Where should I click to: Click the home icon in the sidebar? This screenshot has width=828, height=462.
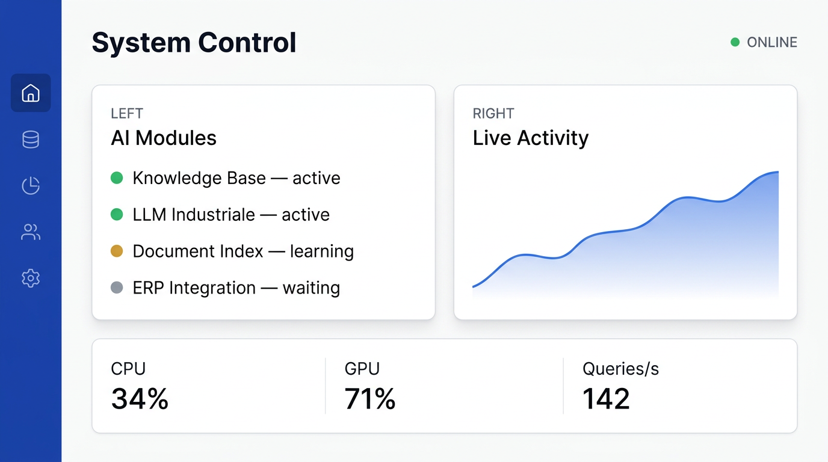tap(31, 93)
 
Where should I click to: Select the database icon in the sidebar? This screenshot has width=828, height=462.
tap(31, 140)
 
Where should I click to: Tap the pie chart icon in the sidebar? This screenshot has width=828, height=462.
tap(31, 186)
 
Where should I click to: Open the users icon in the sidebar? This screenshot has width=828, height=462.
tap(31, 232)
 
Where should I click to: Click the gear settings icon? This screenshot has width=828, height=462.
tap(31, 278)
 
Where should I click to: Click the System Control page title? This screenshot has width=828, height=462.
tap(194, 43)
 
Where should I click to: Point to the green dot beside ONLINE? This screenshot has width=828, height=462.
tap(735, 42)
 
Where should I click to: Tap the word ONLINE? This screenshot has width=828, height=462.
tap(771, 42)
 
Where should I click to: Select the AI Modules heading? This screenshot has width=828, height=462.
tap(164, 138)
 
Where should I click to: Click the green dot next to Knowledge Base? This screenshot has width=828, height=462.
tap(117, 178)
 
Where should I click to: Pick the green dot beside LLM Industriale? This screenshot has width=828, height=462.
tap(117, 215)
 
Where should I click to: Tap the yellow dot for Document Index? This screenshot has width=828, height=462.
tap(117, 251)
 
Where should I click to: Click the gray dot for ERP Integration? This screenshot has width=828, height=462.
tap(117, 288)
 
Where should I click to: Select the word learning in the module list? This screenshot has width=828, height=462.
tap(321, 251)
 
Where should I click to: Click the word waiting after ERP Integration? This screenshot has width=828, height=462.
tap(311, 288)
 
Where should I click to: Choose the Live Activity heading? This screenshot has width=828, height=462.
tap(530, 138)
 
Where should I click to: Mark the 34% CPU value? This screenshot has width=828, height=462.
tap(140, 399)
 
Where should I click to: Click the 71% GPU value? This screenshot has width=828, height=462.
tap(370, 399)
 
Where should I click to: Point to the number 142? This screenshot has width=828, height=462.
tap(606, 399)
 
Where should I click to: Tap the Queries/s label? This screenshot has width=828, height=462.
tap(620, 369)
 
